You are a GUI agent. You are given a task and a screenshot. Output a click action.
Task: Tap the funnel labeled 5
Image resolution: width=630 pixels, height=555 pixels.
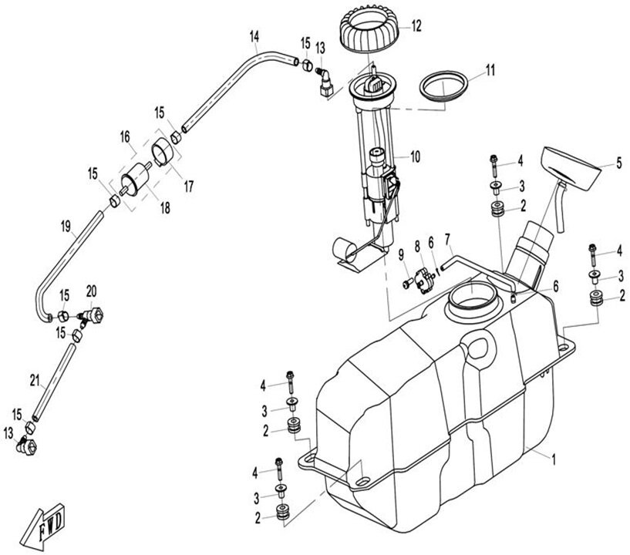click(572, 168)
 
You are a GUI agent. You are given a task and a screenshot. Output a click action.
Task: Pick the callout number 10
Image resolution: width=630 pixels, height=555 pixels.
click(415, 157)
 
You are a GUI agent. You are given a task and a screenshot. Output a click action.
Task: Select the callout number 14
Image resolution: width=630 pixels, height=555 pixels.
click(255, 36)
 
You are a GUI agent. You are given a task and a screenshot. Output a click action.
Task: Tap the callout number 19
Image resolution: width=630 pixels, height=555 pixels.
click(66, 226)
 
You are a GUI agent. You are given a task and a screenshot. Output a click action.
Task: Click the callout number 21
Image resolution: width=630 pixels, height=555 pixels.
click(34, 378)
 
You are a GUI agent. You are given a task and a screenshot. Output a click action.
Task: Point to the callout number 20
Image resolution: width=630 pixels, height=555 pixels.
click(91, 290)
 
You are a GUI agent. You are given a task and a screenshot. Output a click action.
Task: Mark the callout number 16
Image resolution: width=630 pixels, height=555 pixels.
click(123, 136)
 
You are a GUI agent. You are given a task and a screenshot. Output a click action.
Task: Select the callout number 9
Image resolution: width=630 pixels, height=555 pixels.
click(402, 254)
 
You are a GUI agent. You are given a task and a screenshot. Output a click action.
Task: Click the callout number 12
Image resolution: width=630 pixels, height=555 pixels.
click(416, 25)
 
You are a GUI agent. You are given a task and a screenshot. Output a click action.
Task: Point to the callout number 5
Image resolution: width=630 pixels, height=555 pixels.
click(618, 163)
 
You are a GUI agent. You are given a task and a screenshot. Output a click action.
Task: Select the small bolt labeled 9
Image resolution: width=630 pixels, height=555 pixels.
click(406, 283)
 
